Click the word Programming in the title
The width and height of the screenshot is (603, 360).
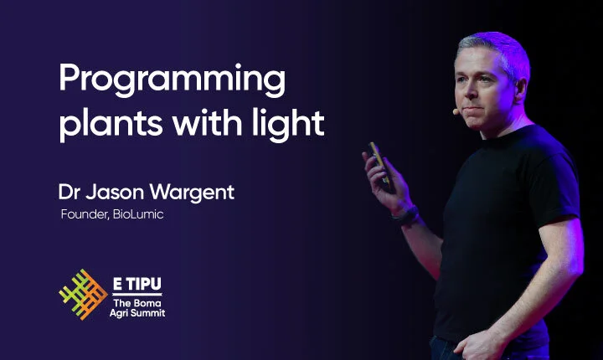[173, 81]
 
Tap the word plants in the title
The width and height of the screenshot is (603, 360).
[111, 125]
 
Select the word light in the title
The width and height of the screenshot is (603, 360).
[288, 123]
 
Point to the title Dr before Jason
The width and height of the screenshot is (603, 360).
[70, 192]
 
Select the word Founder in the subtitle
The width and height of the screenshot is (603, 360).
[85, 214]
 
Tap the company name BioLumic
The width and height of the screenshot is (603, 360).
[138, 214]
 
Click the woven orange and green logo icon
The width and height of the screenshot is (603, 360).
[83, 294]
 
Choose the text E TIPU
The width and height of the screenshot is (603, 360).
[137, 284]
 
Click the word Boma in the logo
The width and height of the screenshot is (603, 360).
[147, 303]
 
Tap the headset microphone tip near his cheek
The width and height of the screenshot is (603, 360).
[456, 111]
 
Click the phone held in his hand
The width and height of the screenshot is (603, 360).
[381, 166]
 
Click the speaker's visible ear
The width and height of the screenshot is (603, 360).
[521, 90]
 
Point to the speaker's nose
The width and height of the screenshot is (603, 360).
[466, 93]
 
